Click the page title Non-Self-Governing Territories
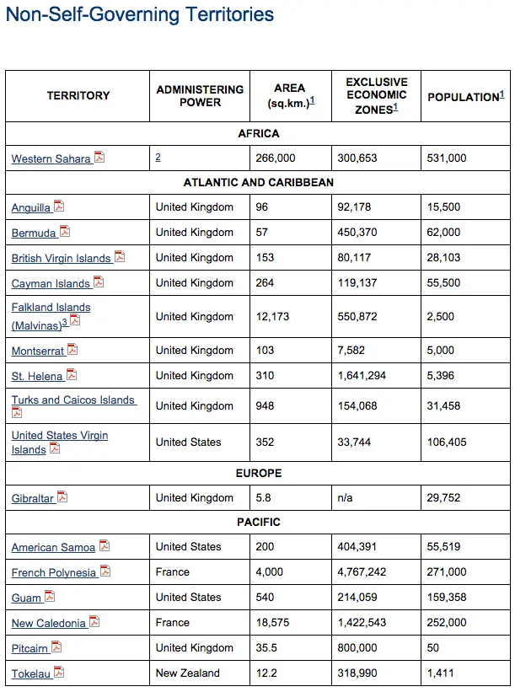140,14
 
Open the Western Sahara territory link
51,158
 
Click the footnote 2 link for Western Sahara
158,157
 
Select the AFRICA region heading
258,133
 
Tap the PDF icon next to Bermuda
65,232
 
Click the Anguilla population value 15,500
443,207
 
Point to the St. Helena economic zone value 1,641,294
362,375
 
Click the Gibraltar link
33,498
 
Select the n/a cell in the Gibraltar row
345,497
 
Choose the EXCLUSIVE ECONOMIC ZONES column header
376,95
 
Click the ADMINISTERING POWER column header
200,95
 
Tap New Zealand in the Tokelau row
187,673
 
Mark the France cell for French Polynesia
173,571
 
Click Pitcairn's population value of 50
433,647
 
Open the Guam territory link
26,598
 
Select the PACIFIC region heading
258,522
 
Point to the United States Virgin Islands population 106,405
447,442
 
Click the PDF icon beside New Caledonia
94,622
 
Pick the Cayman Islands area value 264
265,282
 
